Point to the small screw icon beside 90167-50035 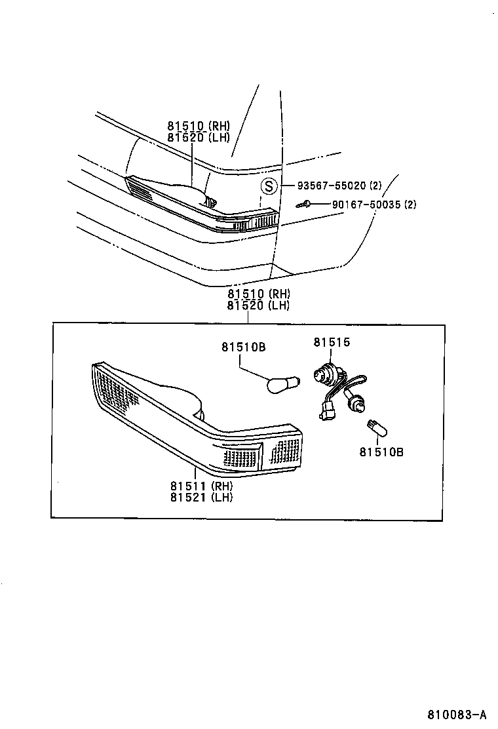(303, 205)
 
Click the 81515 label (332, 342)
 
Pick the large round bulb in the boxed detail (283, 383)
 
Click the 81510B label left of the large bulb (242, 347)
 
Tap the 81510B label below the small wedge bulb (381, 452)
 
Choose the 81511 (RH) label (201, 486)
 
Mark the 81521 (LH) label (201, 497)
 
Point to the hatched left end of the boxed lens (114, 390)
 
